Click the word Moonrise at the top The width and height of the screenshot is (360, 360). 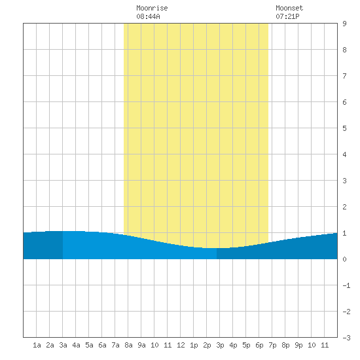[152, 8]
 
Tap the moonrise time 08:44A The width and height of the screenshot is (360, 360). [148, 16]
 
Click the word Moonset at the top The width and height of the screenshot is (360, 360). [289, 8]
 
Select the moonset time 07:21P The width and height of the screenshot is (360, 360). [287, 16]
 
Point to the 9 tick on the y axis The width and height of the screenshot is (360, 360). [344, 24]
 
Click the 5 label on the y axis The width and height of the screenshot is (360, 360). [344, 128]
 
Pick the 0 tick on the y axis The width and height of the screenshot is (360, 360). [344, 259]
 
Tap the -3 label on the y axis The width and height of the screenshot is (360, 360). [346, 338]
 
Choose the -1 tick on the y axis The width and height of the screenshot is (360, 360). [346, 285]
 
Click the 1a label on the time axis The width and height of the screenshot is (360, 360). [37, 345]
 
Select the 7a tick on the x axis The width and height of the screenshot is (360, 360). [115, 345]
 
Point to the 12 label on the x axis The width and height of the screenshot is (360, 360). [181, 345]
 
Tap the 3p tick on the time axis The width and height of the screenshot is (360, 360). [220, 345]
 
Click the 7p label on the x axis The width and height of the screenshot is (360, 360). [272, 345]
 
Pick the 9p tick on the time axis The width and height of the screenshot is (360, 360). [298, 345]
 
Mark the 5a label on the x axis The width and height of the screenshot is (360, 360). [89, 345]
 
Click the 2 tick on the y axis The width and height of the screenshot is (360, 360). [344, 207]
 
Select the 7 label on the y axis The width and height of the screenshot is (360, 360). [344, 76]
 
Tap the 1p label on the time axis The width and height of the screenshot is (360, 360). [194, 345]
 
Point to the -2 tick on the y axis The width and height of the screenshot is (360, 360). [346, 312]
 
